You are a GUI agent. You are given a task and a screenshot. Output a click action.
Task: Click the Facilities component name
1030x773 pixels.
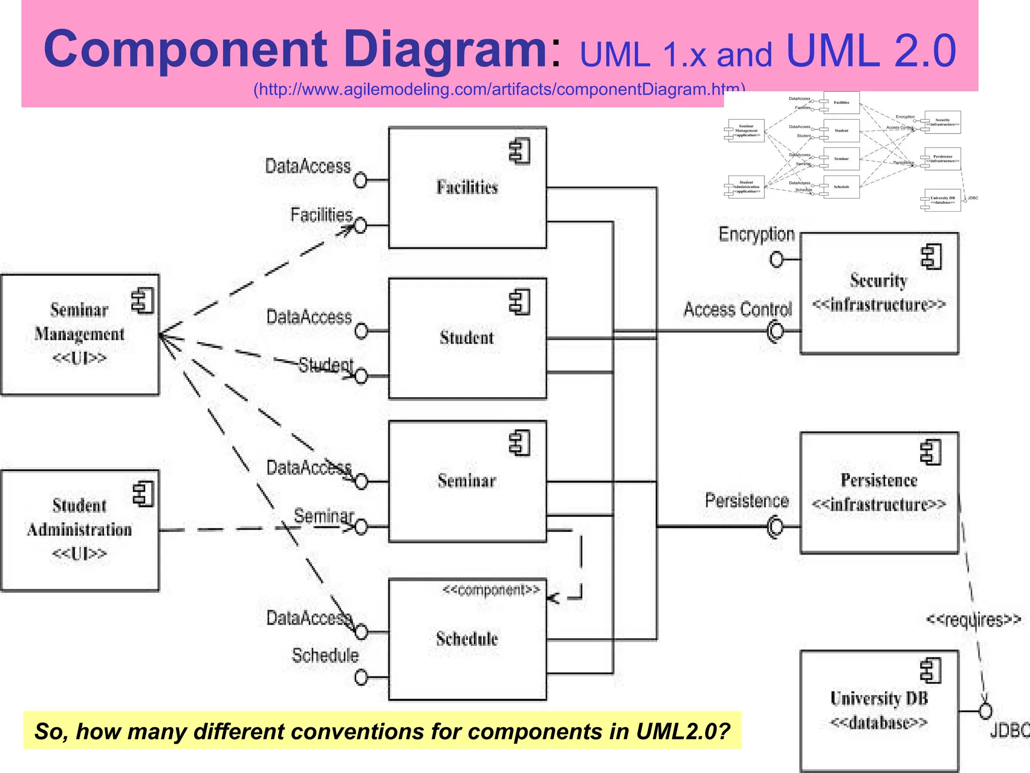click(467, 187)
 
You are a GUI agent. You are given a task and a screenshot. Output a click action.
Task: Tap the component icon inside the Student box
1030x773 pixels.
click(520, 303)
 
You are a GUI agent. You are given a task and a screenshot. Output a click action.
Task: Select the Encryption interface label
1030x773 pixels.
click(756, 235)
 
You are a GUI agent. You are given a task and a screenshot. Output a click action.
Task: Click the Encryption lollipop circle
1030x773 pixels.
click(777, 260)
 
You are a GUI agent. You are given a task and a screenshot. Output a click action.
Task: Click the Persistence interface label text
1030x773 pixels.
click(746, 501)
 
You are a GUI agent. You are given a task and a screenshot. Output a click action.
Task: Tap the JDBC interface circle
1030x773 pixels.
click(985, 711)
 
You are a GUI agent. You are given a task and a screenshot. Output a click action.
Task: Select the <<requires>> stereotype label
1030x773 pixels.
click(973, 620)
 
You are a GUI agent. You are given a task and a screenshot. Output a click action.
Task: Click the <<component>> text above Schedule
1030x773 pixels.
click(491, 590)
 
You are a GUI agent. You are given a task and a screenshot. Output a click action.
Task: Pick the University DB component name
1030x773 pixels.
click(879, 699)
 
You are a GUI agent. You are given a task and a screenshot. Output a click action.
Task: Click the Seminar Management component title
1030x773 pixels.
click(79, 322)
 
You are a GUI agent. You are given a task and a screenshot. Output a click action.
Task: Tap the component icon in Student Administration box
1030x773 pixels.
click(143, 494)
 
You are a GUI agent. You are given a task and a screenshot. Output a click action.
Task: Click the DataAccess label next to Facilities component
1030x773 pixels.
click(307, 166)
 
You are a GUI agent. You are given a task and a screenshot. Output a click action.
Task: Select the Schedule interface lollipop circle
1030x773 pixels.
click(361, 677)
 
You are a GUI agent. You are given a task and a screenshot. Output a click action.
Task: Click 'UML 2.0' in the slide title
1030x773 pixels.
click(870, 50)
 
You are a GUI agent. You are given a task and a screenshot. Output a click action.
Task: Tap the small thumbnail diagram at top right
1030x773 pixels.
click(850, 151)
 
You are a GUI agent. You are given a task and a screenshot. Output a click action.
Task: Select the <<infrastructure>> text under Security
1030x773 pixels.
click(879, 305)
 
